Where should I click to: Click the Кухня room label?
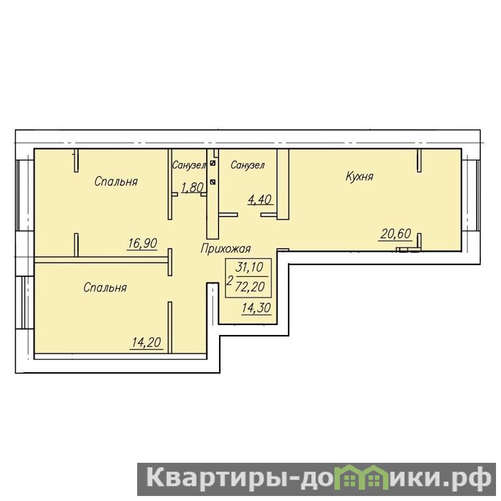tap(359, 177)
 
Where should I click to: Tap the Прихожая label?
tap(225, 248)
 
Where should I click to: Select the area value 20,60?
tap(396, 234)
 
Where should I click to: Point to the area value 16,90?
tap(142, 243)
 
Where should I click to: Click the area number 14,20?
tap(147, 343)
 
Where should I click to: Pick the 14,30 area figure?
tap(256, 307)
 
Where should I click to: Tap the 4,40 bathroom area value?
tap(260, 199)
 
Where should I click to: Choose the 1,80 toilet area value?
tap(192, 187)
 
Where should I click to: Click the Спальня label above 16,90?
tap(116, 182)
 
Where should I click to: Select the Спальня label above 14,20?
tap(105, 287)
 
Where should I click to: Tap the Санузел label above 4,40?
tap(247, 165)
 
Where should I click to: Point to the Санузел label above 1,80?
tap(189, 165)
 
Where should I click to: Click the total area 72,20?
tap(249, 287)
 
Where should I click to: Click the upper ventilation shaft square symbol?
tap(213, 163)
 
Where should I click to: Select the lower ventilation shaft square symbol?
tap(213, 182)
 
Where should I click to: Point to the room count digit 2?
tap(229, 281)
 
